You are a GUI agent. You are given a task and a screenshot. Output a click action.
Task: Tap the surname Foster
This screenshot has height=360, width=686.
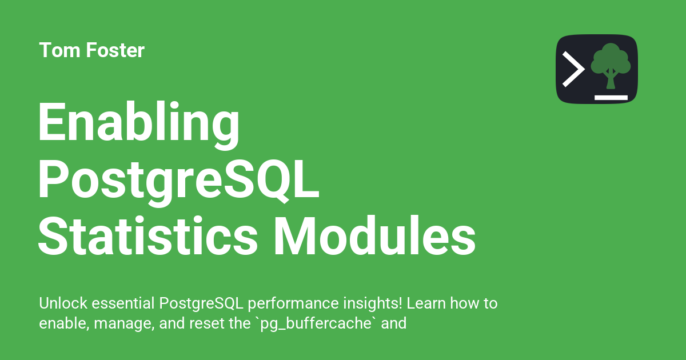tap(115, 50)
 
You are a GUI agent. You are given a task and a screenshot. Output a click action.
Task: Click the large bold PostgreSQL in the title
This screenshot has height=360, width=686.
tap(178, 181)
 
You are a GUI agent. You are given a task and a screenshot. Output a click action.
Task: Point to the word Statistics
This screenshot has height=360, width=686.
tap(148, 235)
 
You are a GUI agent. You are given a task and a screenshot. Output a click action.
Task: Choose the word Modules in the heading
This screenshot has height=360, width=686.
tap(375, 235)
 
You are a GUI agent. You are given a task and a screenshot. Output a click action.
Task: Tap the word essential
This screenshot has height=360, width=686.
tap(123, 303)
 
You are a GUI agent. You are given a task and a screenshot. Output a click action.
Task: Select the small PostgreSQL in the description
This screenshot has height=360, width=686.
tap(201, 304)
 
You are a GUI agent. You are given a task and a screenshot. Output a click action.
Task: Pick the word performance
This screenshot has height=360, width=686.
tap(293, 304)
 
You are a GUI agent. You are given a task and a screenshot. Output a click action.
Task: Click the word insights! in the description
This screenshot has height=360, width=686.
tap(372, 304)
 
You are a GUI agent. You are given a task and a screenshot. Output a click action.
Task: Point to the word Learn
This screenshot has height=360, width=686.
tap(426, 303)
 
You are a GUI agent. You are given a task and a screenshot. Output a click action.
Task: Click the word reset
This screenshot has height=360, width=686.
tap(207, 323)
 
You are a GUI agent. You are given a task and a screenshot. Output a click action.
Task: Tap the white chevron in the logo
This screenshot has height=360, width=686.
tap(573, 69)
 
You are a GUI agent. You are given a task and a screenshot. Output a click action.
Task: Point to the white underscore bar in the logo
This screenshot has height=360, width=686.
tap(611, 98)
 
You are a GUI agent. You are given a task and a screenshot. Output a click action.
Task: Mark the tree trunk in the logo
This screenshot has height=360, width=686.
tap(611, 79)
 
